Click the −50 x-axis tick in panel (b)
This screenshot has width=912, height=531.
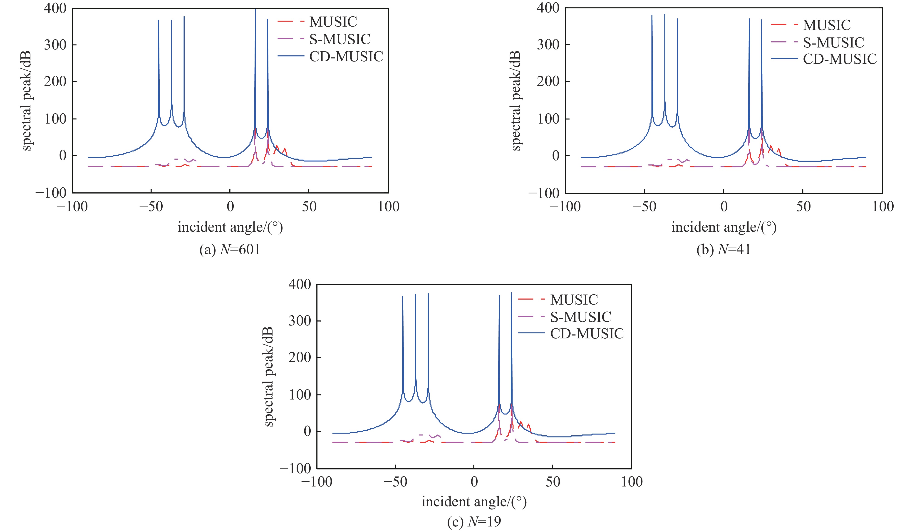tap(644, 207)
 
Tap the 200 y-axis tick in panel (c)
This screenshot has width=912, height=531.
tap(300, 358)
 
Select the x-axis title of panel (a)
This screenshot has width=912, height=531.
tap(230, 227)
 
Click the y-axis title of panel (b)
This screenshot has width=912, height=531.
tap(516, 101)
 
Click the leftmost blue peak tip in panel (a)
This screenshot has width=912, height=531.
tap(159, 21)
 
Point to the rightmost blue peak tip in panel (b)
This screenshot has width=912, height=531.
tap(761, 20)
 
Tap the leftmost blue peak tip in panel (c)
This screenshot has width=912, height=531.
tap(403, 296)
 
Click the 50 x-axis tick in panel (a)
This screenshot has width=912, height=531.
tap(309, 207)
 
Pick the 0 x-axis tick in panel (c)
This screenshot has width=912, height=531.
tap(474, 482)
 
